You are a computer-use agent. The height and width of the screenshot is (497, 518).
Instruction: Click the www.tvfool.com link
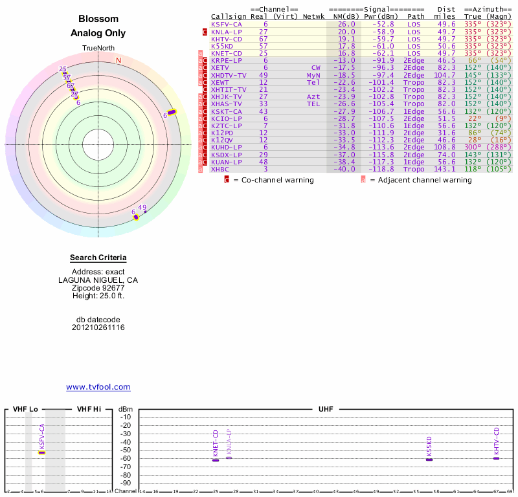point(98,387)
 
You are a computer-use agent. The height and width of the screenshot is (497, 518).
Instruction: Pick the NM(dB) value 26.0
point(346,24)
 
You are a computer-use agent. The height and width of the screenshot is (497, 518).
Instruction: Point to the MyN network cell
point(313,75)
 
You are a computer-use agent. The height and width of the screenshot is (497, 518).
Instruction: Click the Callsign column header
point(229,16)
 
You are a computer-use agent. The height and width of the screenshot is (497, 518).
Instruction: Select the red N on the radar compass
point(118,60)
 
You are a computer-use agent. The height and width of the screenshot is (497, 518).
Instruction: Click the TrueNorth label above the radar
point(98,49)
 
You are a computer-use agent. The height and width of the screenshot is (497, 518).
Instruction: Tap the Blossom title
point(98,19)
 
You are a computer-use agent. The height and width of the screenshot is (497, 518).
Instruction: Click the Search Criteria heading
point(98,258)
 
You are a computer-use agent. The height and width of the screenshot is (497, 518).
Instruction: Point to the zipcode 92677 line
point(98,288)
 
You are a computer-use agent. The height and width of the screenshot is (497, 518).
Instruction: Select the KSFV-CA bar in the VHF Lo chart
point(41,452)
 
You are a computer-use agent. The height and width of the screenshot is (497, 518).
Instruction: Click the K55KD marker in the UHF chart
point(429,459)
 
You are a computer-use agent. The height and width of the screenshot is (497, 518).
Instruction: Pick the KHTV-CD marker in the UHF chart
point(497,458)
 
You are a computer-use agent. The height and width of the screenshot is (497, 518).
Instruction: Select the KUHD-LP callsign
point(226,147)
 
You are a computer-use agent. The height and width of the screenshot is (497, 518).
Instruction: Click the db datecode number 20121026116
point(98,327)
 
